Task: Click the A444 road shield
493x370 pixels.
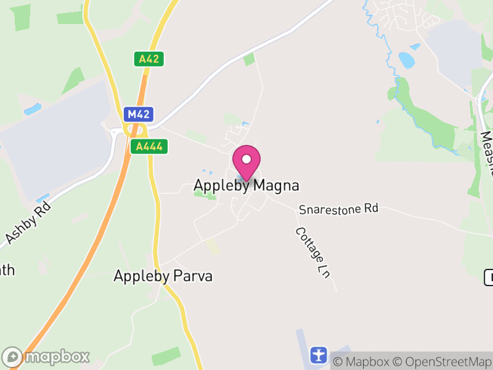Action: [x=149, y=146]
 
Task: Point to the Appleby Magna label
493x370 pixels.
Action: [x=246, y=185]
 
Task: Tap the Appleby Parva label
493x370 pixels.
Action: [x=163, y=276]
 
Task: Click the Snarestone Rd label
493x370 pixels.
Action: [x=338, y=209]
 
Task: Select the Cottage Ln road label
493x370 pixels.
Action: [x=312, y=252]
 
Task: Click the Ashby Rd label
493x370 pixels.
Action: [x=28, y=222]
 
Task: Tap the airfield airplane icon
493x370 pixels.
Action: [x=318, y=355]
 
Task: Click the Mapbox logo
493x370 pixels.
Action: [x=46, y=356]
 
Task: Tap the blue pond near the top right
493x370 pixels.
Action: [x=407, y=60]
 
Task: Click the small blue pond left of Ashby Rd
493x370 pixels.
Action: [x=32, y=109]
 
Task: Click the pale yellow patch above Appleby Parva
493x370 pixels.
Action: [x=213, y=247]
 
